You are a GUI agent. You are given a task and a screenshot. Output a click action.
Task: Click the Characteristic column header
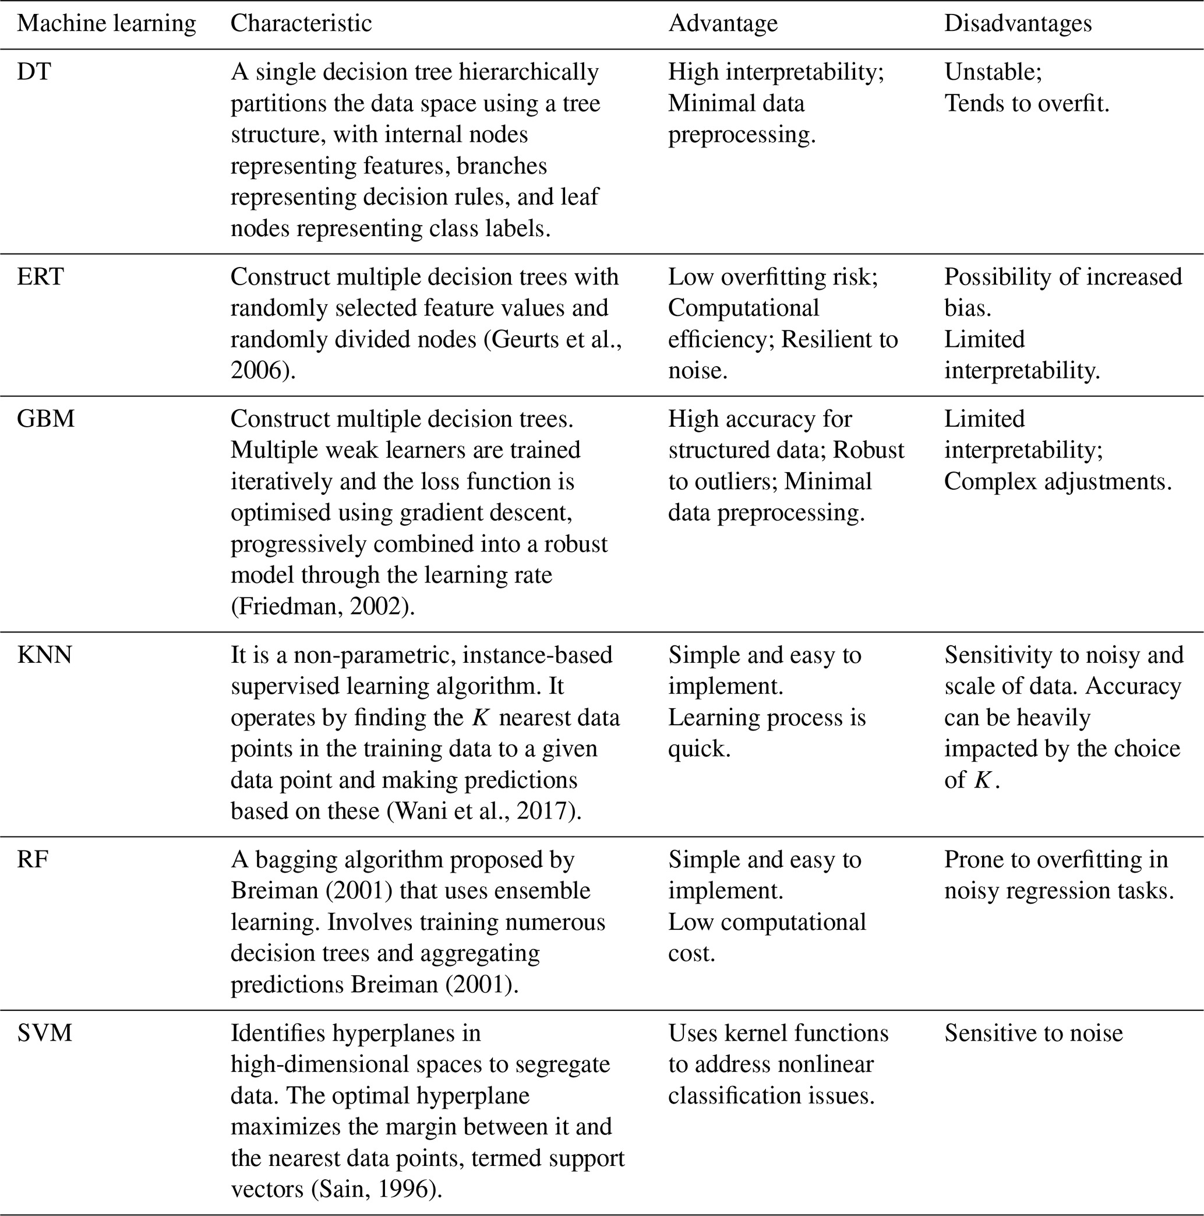click(301, 23)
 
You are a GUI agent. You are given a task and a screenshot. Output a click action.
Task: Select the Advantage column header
click(723, 23)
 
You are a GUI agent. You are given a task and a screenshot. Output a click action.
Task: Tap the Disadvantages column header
click(1017, 23)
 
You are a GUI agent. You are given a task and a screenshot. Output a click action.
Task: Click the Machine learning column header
click(107, 23)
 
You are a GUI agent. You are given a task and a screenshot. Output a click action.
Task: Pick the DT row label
click(34, 72)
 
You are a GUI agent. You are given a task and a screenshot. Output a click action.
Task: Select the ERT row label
click(40, 277)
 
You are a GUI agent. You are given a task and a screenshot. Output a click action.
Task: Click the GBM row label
click(45, 419)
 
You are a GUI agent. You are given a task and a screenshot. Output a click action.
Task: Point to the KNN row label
click(45, 655)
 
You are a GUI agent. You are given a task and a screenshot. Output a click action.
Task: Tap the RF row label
click(33, 860)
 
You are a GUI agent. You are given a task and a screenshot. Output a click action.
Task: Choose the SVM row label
click(45, 1033)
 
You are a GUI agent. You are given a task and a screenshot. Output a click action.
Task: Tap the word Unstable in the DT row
click(990, 72)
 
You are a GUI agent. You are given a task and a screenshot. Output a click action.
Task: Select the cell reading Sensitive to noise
click(1033, 1033)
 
